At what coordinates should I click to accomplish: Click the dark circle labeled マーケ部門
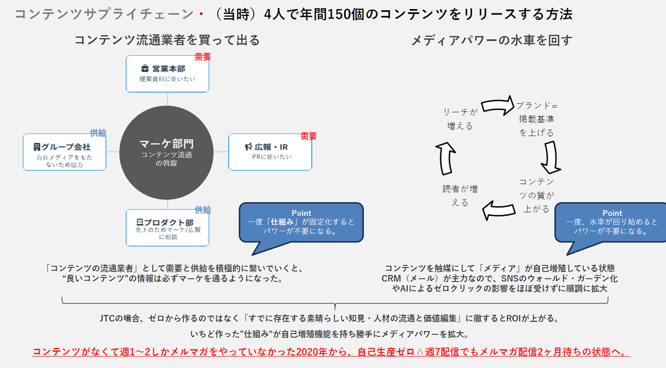[167, 153]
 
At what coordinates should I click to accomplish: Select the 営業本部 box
[168, 74]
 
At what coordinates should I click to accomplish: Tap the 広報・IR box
[270, 152]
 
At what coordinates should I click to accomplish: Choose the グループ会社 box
[65, 152]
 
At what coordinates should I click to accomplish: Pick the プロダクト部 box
[168, 228]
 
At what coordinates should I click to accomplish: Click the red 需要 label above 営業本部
[203, 57]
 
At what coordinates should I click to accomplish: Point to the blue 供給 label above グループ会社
[98, 133]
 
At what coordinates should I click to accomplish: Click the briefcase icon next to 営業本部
[145, 69]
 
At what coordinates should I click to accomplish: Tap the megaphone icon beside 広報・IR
[249, 147]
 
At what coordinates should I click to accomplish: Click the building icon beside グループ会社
[37, 147]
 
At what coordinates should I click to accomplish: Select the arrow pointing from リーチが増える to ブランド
[497, 105]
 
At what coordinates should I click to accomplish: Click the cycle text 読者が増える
[460, 196]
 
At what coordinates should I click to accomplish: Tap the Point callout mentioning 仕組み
[301, 223]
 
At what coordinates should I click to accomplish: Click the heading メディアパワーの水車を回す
[491, 40]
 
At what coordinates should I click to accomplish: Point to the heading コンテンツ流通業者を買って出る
[167, 40]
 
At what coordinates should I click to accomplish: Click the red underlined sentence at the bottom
[331, 352]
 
